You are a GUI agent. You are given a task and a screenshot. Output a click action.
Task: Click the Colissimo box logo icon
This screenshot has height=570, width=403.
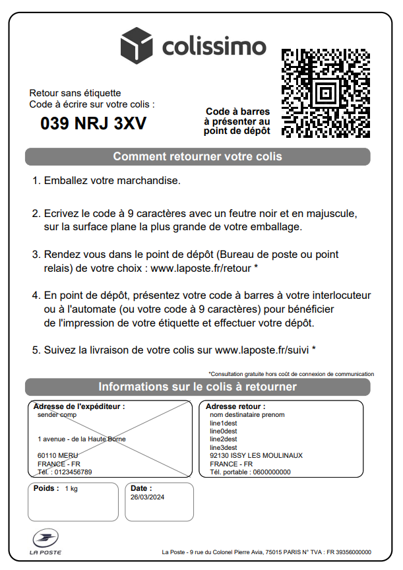(137, 46)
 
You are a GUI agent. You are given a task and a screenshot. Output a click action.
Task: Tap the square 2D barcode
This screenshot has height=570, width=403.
(325, 92)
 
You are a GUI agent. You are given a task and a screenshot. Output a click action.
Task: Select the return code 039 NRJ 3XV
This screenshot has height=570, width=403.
(94, 123)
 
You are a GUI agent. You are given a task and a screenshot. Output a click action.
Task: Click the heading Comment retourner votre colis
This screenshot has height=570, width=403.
(197, 157)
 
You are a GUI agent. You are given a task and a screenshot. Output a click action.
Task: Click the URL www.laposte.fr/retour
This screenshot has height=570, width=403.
(201, 269)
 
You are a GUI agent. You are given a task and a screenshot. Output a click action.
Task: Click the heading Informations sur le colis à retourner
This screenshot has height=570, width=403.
(197, 387)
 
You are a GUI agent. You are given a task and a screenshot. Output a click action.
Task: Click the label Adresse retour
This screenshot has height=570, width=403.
(235, 406)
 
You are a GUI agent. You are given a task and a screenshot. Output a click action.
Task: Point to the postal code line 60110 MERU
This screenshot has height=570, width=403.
(57, 455)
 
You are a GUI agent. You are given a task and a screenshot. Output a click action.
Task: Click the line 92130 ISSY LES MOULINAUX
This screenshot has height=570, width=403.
(256, 455)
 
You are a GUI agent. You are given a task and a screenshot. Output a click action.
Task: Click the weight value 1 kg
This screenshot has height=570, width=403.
(71, 489)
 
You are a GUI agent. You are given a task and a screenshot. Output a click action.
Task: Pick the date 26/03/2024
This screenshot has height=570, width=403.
(147, 497)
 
